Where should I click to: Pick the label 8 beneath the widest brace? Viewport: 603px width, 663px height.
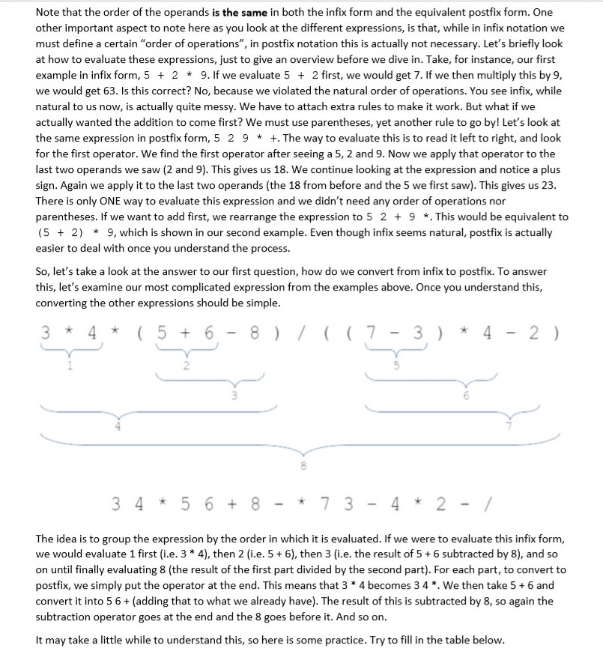coord(303,465)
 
